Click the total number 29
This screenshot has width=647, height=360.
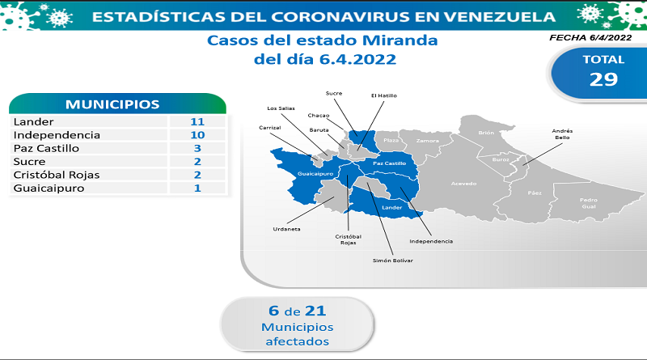[x=603, y=79]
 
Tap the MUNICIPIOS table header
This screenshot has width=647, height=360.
[x=112, y=104]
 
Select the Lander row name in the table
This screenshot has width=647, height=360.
[x=33, y=122]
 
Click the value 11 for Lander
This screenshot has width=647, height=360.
[x=197, y=122]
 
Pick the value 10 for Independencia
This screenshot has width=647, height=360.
[x=197, y=135]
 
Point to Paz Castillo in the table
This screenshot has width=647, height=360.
[x=46, y=148]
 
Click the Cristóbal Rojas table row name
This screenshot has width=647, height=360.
[x=57, y=175]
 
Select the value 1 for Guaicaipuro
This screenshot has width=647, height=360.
[x=197, y=188]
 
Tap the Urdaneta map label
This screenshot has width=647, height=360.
[x=286, y=229]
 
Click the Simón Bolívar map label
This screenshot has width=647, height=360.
[x=392, y=260]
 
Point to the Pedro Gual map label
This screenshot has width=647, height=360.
[x=589, y=203]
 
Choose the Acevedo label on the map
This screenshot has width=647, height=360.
[x=463, y=184]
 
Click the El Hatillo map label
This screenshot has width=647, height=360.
[x=383, y=95]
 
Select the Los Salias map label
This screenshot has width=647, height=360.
[x=281, y=108]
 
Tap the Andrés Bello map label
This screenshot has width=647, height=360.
[x=562, y=134]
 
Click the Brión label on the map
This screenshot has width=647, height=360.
[x=486, y=133]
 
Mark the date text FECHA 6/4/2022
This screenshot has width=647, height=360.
[x=590, y=37]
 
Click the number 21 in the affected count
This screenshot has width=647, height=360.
[x=315, y=311]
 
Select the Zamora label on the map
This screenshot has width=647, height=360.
[x=428, y=141]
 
